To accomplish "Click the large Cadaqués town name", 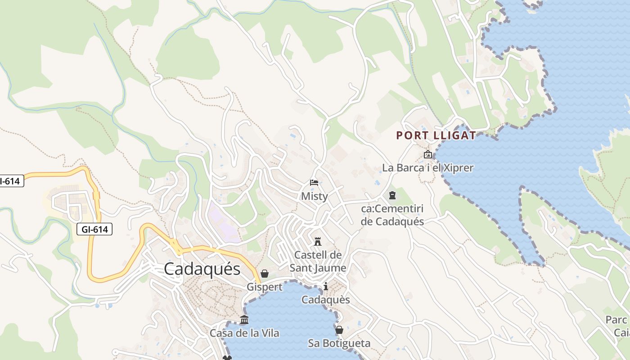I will tap(202, 269).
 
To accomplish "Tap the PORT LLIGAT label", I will tap(436, 135).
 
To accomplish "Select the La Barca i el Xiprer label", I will tap(428, 168).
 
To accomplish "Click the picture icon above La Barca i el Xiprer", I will tap(428, 155).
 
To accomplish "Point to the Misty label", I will tap(314, 196).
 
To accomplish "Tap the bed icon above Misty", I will tap(314, 183).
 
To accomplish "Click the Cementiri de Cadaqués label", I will tap(392, 215).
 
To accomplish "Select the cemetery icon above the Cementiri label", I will tap(392, 195).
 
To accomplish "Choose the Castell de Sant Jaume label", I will tap(318, 261).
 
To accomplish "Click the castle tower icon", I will tap(318, 241).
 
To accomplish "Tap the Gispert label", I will tap(265, 287).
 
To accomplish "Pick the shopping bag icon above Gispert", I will tap(265, 274).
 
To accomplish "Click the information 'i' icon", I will tap(326, 286).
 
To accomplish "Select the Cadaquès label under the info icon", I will tap(326, 300).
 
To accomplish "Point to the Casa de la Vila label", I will tap(244, 333).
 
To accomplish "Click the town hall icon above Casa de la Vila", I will tap(244, 320).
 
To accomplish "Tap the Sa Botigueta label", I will tap(339, 343).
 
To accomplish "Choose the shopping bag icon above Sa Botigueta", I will tap(339, 330).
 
